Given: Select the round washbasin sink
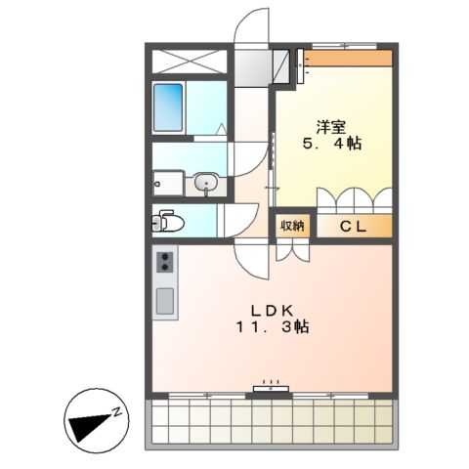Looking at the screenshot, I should (x=205, y=183).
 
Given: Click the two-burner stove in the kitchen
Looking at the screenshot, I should (x=164, y=262).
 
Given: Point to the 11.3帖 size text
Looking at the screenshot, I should (x=271, y=328).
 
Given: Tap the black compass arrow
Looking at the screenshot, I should (x=89, y=422).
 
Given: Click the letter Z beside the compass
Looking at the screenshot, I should (x=114, y=410).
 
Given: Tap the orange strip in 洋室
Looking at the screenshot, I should (x=350, y=58).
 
